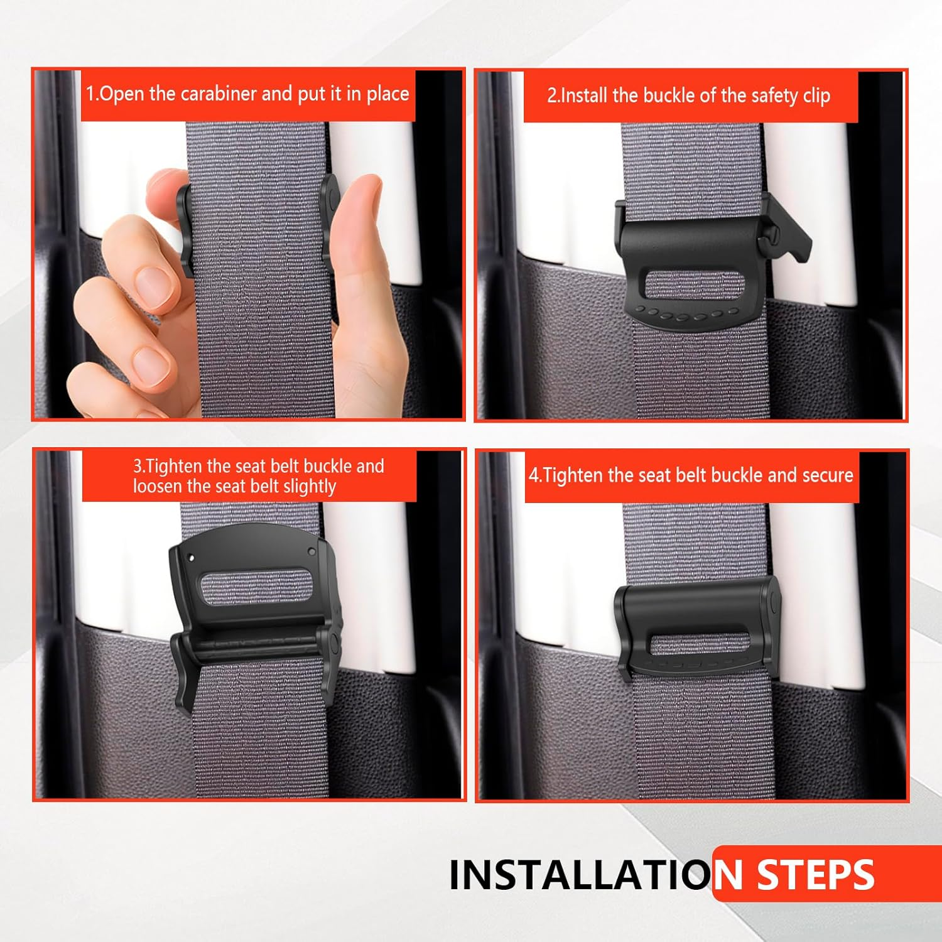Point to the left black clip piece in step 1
point(185,229)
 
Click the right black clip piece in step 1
point(329,217)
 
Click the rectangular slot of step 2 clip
point(694,286)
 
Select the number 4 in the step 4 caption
point(533,475)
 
